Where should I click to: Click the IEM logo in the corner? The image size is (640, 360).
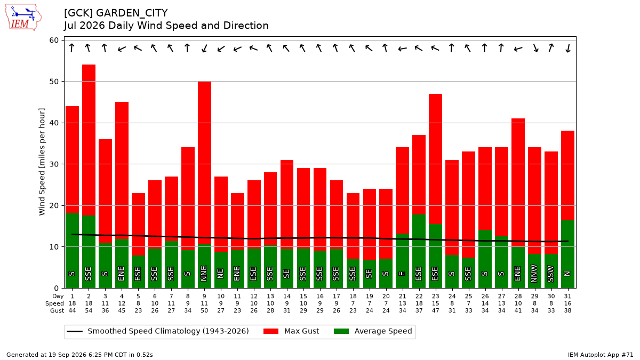coord(23,18)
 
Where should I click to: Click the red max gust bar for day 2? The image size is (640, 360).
coord(89,140)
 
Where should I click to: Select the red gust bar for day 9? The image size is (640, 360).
coord(205,163)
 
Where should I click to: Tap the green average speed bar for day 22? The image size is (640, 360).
coord(419,251)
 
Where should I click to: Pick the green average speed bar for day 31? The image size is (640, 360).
coord(567,254)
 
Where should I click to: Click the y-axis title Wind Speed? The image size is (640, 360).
coord(42,162)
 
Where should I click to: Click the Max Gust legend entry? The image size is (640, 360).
coord(291,331)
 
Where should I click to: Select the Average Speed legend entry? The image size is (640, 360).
coord(373,331)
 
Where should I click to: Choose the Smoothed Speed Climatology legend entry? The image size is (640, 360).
coord(158,331)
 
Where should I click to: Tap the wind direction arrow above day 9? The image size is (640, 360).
coord(204,49)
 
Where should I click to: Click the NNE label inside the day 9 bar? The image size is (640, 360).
coord(204,274)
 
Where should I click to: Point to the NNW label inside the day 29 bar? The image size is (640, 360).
coord(534,274)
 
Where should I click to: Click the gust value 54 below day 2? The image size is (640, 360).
coord(89,310)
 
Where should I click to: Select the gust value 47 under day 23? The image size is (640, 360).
coord(435,310)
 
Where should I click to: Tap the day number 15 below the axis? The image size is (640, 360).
coord(303,297)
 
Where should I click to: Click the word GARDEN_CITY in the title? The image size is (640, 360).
coord(132,13)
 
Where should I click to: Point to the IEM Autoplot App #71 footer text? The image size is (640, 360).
coord(601,355)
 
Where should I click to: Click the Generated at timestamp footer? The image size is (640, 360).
coord(79,355)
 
